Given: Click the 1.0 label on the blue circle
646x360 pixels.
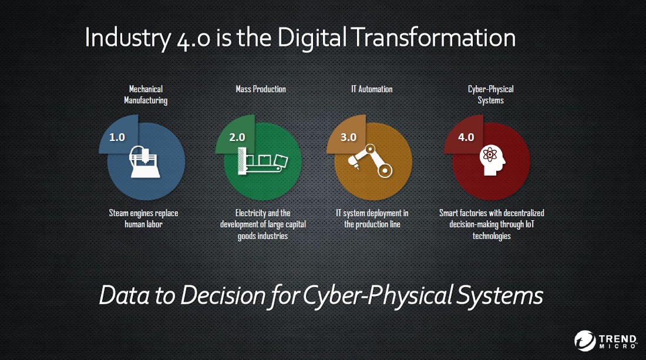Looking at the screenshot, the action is [x=117, y=137].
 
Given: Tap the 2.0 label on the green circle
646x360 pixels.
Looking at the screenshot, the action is [x=237, y=137].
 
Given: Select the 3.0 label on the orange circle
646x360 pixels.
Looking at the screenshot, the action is [x=348, y=137].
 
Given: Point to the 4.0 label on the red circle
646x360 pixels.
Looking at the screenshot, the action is [x=466, y=137].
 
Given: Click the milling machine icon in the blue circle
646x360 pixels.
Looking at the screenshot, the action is [x=145, y=162].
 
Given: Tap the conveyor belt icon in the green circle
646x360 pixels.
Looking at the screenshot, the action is [x=263, y=162].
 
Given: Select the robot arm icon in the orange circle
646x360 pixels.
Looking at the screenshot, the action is [x=371, y=161].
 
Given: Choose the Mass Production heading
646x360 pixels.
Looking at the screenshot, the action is [x=260, y=89].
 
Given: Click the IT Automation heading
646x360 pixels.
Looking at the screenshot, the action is [x=372, y=89].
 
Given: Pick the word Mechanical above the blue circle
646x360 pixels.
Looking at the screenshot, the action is [x=146, y=89].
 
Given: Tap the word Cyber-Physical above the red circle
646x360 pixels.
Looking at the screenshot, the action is [x=491, y=89].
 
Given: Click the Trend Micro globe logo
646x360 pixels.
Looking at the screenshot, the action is [x=585, y=341].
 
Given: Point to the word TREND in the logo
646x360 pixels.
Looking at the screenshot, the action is [x=618, y=339].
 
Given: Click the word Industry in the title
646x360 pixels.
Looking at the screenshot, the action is [x=127, y=38].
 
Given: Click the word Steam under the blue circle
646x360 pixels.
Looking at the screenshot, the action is [x=119, y=213].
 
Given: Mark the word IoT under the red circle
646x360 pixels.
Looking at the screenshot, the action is [x=530, y=224].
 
